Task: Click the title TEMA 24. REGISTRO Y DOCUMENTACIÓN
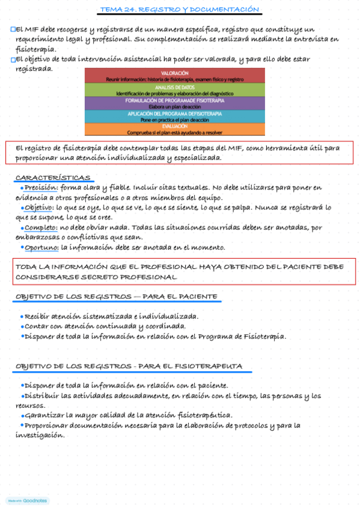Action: [x=179, y=10]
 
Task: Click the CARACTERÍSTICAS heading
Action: [x=53, y=178]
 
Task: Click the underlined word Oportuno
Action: [x=41, y=247]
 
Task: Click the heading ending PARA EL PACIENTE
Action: [x=116, y=297]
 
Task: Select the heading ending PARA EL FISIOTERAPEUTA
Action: [x=129, y=366]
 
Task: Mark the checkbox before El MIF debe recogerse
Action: [x=13, y=29]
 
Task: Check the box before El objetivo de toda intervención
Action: [x=13, y=60]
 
